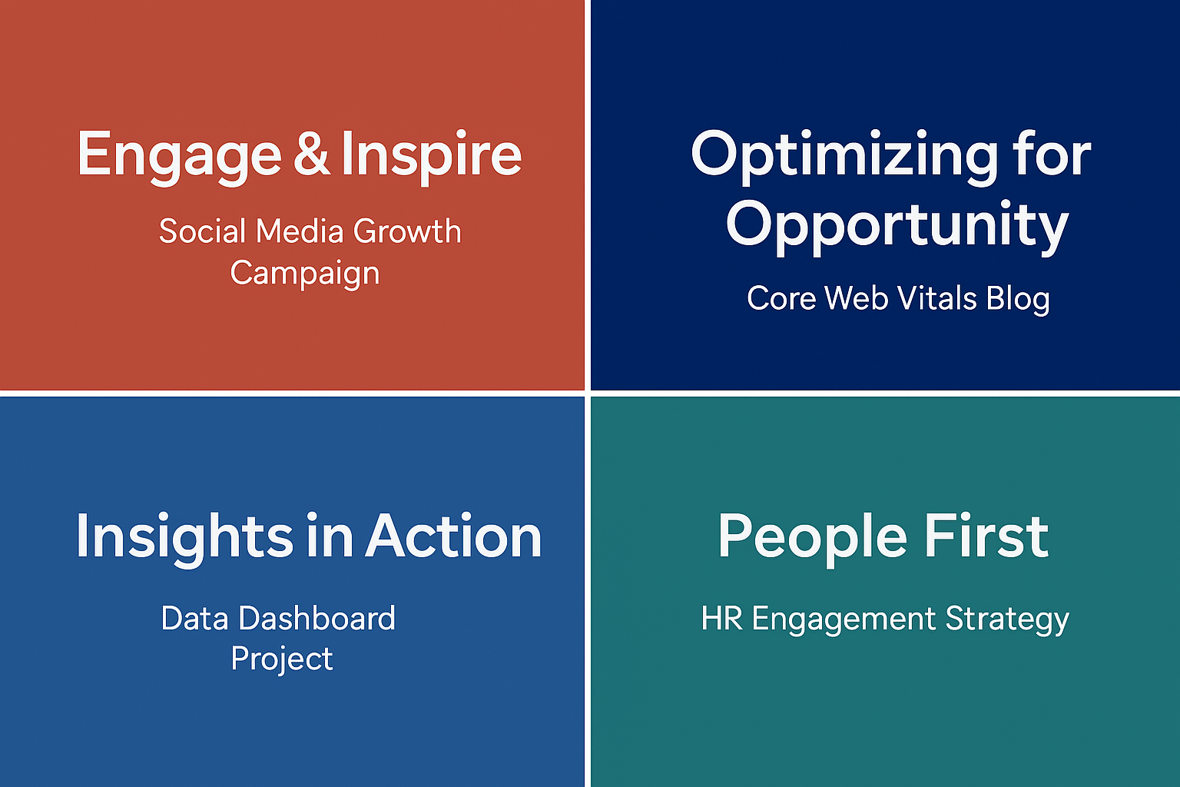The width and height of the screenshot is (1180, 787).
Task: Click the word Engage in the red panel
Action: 180,158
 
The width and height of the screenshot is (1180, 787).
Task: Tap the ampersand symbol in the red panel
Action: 311,153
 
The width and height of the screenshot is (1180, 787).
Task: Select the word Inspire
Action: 432,157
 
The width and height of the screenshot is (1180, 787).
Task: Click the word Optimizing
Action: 844,157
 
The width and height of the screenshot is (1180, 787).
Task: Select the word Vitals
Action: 936,298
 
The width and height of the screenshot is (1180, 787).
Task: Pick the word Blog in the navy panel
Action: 1018,300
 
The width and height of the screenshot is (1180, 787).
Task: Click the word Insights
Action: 185,539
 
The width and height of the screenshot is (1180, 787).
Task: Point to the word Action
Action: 453,536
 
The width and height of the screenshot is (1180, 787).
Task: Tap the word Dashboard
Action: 317,618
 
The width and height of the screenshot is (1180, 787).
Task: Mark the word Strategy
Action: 1007,620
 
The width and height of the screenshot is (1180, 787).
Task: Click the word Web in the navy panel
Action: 856,298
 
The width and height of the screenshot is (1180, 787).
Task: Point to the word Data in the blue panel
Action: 195,618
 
